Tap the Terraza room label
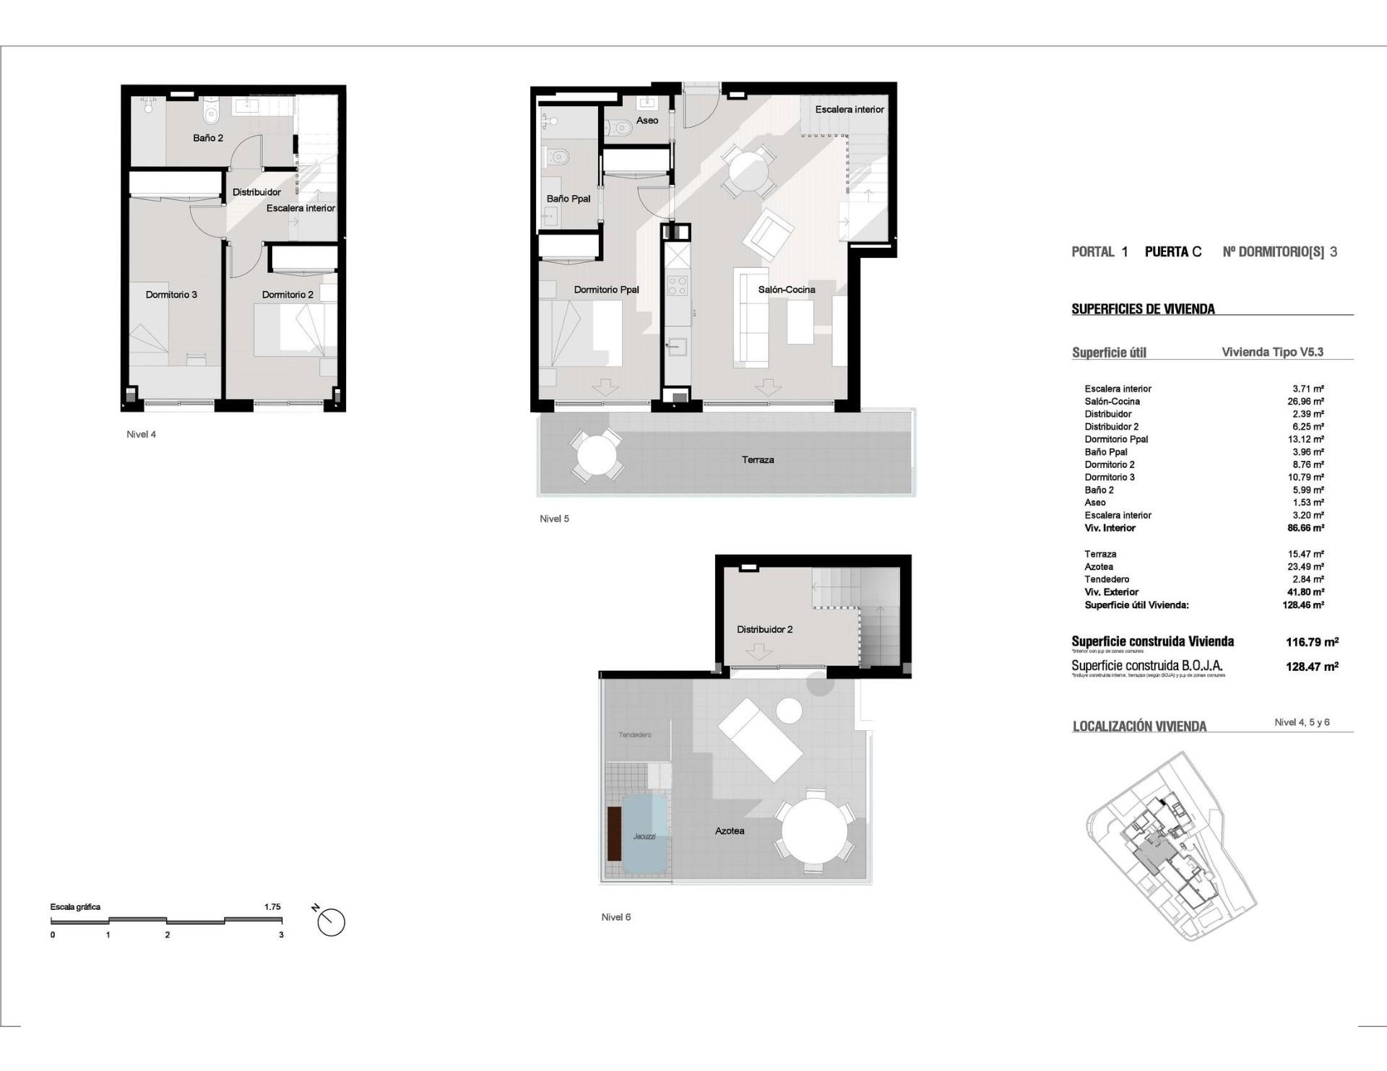coord(758,459)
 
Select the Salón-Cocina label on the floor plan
coord(786,290)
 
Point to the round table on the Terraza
coord(596,456)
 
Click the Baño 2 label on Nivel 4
coord(208,138)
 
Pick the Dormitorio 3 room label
coord(171,295)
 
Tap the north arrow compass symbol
coord(331,922)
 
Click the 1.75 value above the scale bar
coord(272,907)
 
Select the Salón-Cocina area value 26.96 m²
coord(1308,402)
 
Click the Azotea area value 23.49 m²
coord(1308,567)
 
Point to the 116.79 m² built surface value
coord(1312,642)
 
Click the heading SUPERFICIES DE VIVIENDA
coord(1143,309)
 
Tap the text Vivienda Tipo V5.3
coord(1272,352)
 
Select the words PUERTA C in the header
coord(1173,252)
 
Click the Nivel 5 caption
coord(554,519)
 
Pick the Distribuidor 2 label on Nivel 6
coord(764,630)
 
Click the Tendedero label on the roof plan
coord(634,735)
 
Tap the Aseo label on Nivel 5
coord(647,121)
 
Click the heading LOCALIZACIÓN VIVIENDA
coord(1139,727)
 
